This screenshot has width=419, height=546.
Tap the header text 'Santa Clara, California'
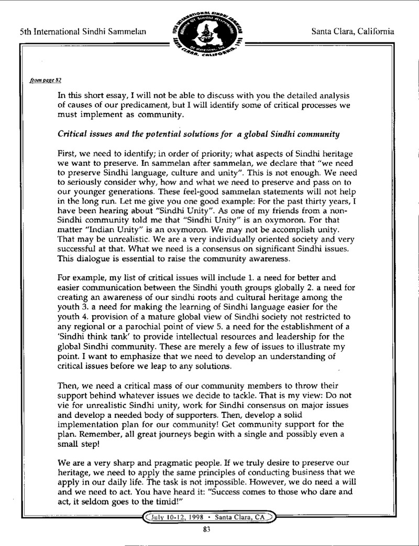(352, 31)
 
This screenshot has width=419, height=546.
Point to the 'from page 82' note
(46, 80)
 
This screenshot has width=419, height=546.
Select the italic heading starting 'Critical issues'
(200, 134)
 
